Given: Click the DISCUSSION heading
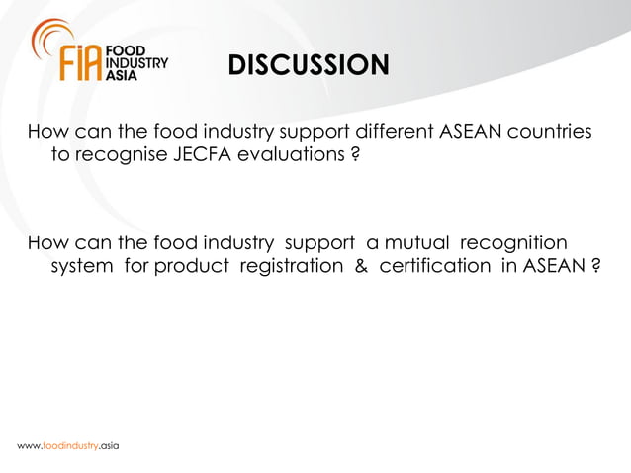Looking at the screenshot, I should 309,66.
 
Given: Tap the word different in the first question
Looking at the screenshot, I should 381,133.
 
